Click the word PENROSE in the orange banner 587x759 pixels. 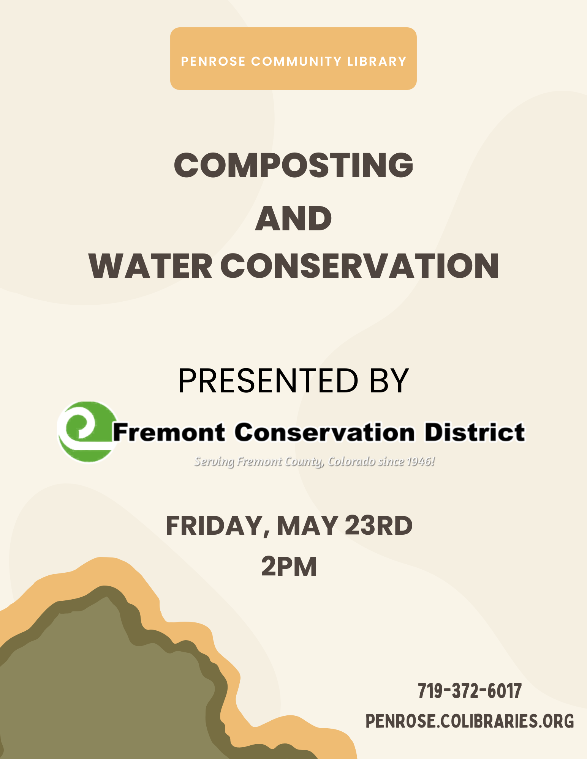point(213,61)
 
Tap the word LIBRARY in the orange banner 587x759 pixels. point(377,61)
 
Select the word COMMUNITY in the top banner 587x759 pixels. point(297,61)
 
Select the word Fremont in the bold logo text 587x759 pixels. point(169,433)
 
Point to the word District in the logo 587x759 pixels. point(475,433)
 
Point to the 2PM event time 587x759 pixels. point(289,567)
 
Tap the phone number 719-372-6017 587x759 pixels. point(470,691)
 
